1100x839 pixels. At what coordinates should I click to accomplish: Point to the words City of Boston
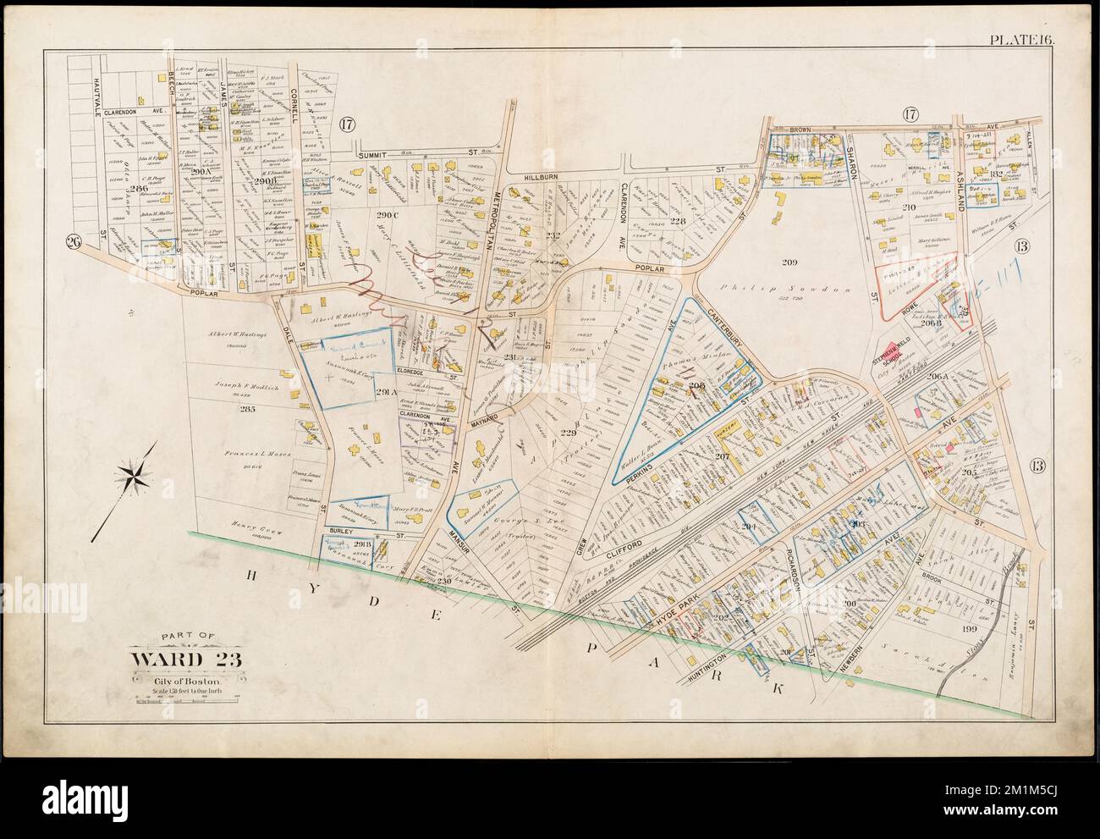pos(177,680)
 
